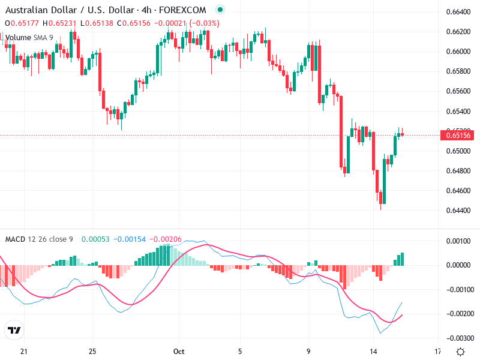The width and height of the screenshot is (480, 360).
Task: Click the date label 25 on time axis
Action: point(92,351)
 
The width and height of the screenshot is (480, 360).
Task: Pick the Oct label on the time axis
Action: point(177,351)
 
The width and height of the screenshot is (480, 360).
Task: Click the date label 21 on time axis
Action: point(24,351)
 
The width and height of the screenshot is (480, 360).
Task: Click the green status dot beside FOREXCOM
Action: point(220,10)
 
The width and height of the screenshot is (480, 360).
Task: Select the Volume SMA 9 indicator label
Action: point(29,38)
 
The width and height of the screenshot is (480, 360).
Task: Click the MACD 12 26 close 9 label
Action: point(39,239)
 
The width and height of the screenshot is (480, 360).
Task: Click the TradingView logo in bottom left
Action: point(14,331)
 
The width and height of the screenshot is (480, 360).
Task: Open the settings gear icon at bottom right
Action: point(460,352)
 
